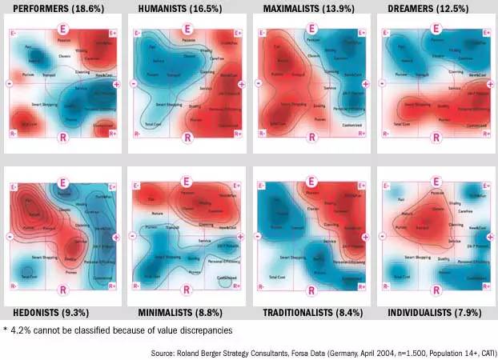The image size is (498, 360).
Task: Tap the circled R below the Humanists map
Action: coord(187,138)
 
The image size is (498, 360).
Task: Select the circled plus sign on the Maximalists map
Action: coord(366,82)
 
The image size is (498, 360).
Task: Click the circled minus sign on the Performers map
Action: coord(8,82)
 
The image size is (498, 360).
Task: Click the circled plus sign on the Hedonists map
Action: coord(117,238)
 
